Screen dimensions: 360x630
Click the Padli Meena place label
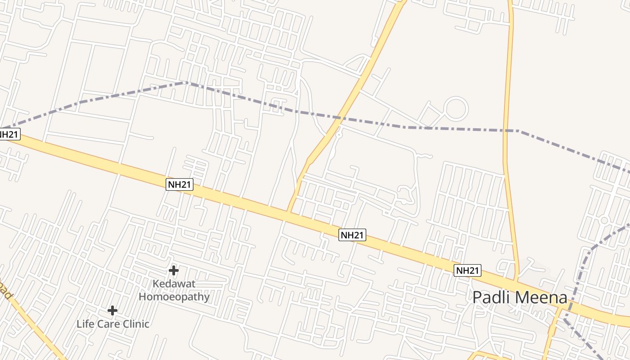coord(520,297)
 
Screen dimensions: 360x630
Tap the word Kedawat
coord(174,284)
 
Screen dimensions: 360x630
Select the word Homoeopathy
coord(174,297)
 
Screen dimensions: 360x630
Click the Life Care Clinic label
coord(112,324)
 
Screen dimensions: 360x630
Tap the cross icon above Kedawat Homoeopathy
coord(173,270)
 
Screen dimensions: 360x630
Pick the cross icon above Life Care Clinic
coord(112,310)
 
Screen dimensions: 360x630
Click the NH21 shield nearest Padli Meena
coord(468,270)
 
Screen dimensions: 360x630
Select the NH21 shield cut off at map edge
coord(9,134)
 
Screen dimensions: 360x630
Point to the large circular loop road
coord(455,108)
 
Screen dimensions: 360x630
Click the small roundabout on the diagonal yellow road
coord(339,134)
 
